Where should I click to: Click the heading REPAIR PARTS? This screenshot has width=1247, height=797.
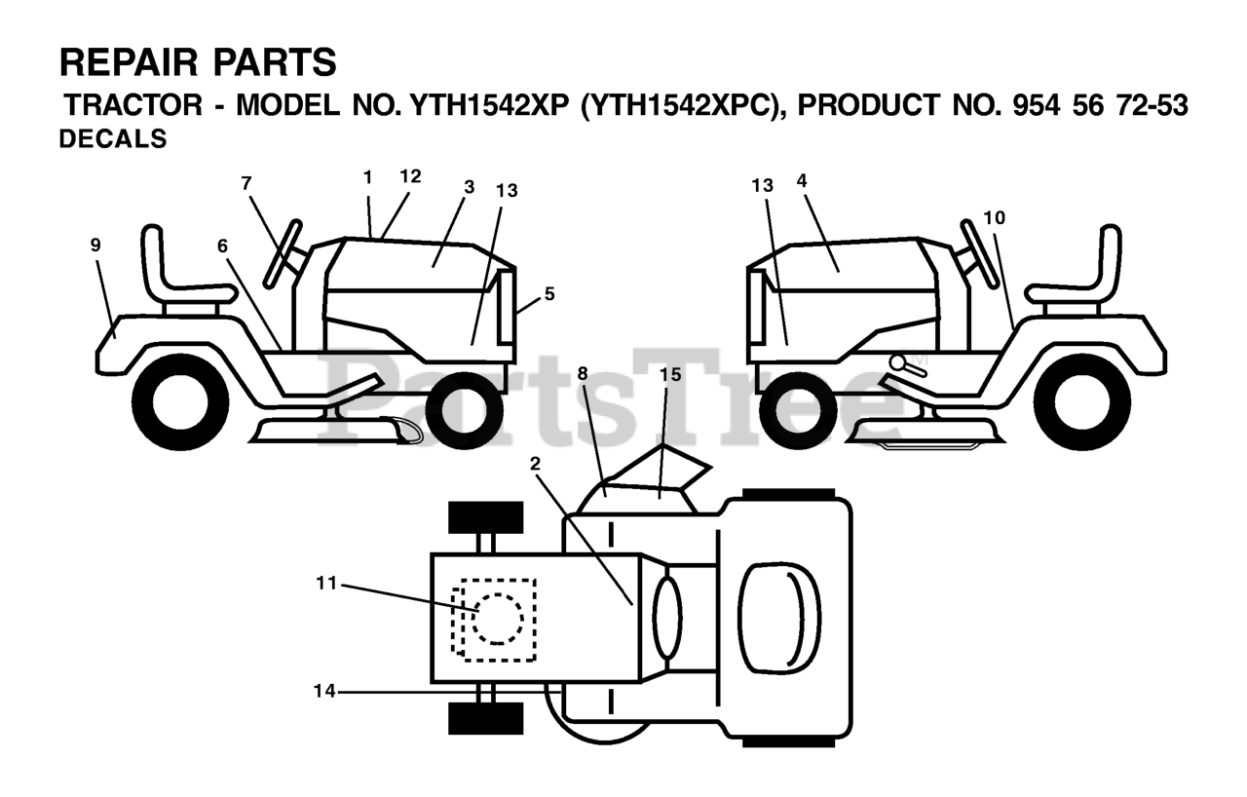tap(198, 63)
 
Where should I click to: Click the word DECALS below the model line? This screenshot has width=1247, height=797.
tap(113, 139)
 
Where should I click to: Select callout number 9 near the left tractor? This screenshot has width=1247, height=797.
tap(95, 246)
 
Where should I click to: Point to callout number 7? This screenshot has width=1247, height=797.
tap(246, 182)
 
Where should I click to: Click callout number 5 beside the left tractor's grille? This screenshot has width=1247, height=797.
tap(549, 293)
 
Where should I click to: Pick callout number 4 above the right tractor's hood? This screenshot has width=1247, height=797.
tap(802, 180)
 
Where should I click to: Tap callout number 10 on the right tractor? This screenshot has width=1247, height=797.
tap(994, 217)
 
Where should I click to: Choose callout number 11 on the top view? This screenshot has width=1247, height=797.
tap(325, 584)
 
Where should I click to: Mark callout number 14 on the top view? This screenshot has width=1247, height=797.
tap(324, 691)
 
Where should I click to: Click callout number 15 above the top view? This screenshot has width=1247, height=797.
tap(670, 374)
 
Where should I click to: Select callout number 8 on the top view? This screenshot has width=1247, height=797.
tap(583, 373)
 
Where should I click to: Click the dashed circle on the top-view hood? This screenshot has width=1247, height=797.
tap(497, 619)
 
